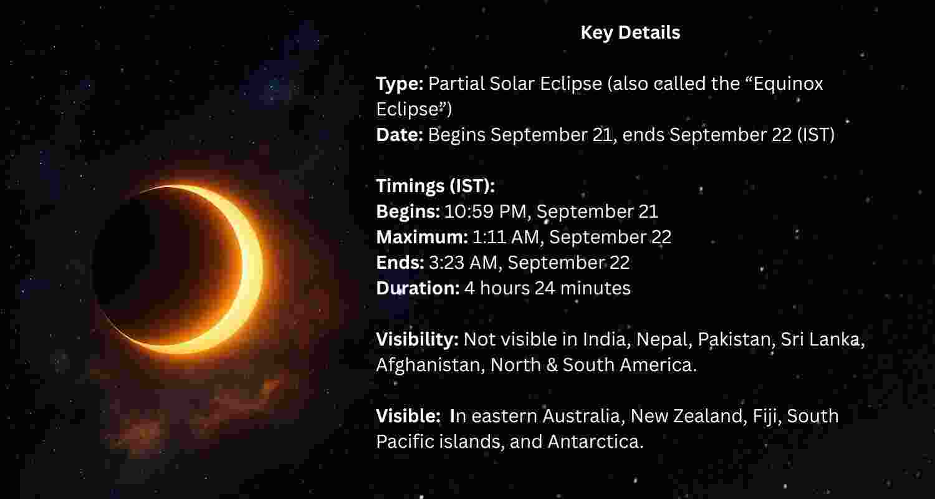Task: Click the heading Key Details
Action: click(630, 32)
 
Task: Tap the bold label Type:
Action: click(400, 84)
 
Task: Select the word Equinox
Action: click(788, 84)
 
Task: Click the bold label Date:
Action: click(400, 135)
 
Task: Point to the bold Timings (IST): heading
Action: click(435, 186)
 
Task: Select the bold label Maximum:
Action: click(422, 237)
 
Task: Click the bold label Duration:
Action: click(418, 288)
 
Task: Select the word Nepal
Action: click(663, 339)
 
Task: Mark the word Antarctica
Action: click(595, 442)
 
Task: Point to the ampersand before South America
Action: click(550, 365)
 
